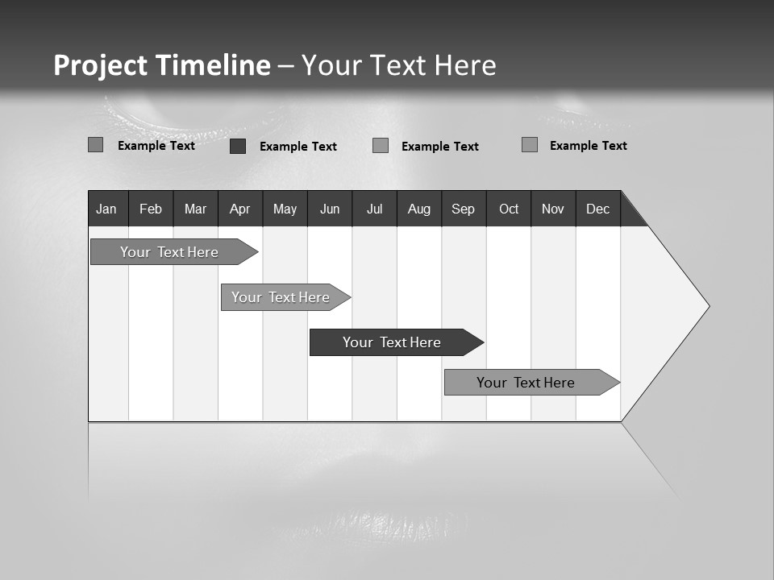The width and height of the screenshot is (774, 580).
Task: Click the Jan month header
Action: [107, 209]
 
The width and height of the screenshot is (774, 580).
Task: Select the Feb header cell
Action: [151, 209]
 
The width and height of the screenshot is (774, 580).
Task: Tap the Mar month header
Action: [195, 209]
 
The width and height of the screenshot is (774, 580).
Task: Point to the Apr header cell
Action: [240, 209]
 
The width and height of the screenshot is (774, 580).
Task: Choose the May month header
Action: [285, 209]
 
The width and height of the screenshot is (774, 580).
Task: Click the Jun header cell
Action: [330, 209]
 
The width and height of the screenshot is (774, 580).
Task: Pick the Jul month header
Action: [374, 209]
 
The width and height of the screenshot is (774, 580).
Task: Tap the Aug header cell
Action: [419, 209]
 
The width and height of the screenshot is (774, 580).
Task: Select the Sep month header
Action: [464, 209]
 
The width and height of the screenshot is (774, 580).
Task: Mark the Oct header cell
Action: [509, 209]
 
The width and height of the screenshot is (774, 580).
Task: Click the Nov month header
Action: [553, 209]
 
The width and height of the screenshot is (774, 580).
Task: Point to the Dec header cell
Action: [598, 209]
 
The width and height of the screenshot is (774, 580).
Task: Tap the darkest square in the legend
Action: [238, 146]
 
